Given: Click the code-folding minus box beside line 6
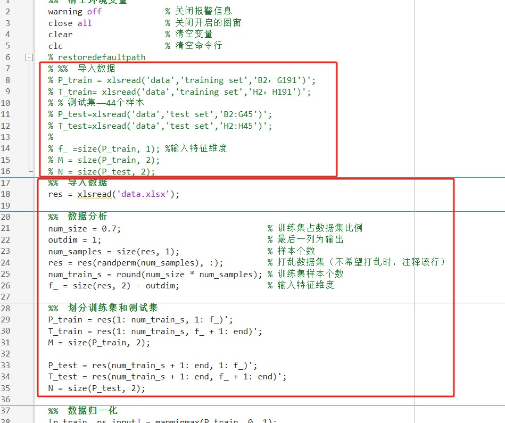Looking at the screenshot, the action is click(30, 57).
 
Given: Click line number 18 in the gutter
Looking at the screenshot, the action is click(6, 194).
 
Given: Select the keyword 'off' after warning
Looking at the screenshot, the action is click(94, 11).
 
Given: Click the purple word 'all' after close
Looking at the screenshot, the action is click(85, 23).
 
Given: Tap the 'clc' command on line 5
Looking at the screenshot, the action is click(55, 46).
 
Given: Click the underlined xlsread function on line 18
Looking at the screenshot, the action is click(94, 194).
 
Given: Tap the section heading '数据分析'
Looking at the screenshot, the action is click(88, 217).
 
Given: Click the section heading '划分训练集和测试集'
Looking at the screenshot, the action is click(112, 308).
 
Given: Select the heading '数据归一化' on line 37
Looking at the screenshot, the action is click(93, 411).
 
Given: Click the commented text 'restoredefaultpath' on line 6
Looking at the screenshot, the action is click(101, 57).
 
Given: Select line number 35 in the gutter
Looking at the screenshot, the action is click(6, 388).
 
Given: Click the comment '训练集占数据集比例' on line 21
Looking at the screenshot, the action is click(320, 228).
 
